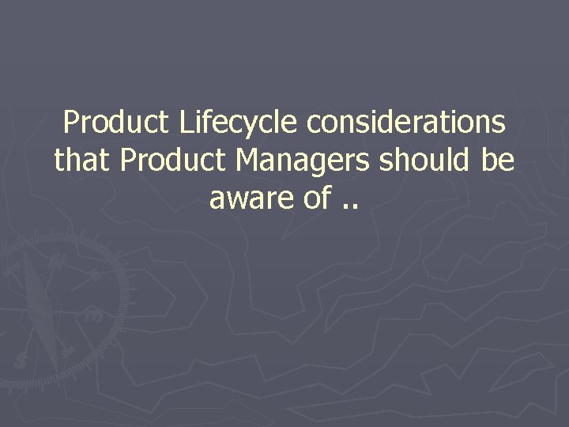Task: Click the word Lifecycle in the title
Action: (239, 123)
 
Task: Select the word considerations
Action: (406, 123)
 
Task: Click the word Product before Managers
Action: (175, 161)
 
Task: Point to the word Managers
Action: (303, 161)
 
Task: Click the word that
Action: (84, 161)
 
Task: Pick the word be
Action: (498, 161)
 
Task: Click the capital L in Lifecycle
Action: (187, 123)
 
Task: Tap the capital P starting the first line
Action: (71, 123)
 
